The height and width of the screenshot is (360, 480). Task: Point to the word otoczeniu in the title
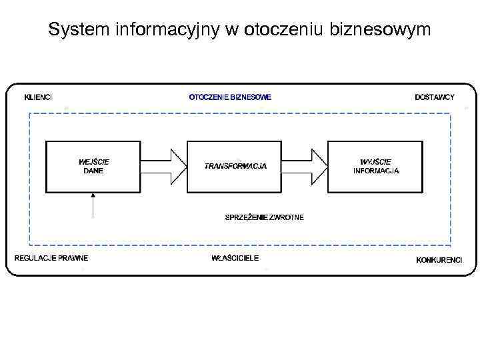[x=284, y=30]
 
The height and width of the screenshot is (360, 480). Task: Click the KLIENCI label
[x=38, y=97]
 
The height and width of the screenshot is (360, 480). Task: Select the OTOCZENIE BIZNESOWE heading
[x=231, y=97]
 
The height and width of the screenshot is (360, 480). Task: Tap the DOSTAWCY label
[x=435, y=97]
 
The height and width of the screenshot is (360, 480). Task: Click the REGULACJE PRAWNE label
[x=51, y=258]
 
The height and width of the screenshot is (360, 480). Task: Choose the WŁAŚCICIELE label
[x=235, y=258]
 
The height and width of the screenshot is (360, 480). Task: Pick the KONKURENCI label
[x=439, y=259]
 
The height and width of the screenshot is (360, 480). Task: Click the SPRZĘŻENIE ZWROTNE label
[x=265, y=217]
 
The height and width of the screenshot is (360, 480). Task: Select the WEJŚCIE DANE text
[x=94, y=166]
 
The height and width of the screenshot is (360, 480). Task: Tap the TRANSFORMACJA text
[x=235, y=166]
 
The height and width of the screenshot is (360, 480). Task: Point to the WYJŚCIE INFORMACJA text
[x=376, y=166]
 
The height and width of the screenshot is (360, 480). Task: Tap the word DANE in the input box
[x=94, y=171]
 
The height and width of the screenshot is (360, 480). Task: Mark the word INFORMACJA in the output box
[x=376, y=171]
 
